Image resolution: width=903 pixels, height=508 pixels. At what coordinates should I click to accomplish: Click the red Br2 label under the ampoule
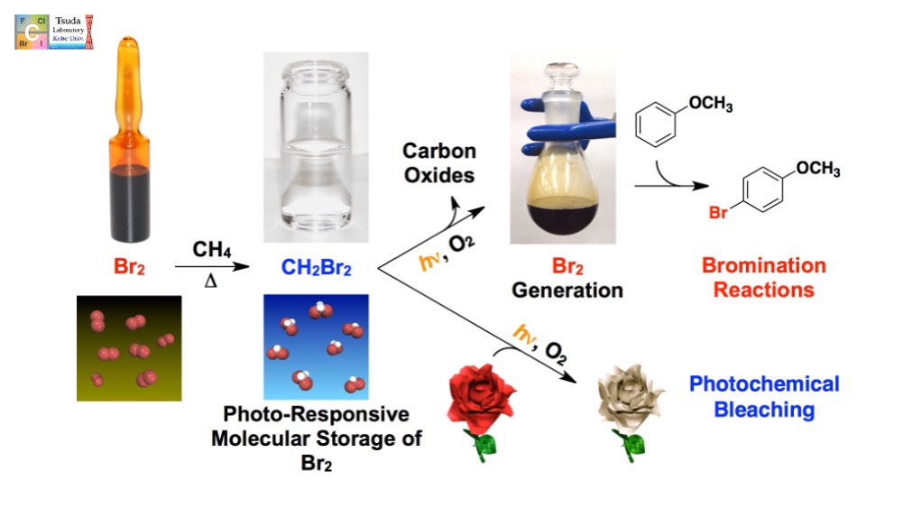pyautogui.click(x=134, y=268)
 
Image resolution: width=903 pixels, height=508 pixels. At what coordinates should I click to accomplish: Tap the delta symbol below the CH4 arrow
pyautogui.click(x=210, y=282)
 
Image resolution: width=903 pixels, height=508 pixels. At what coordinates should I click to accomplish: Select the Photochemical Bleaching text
pyautogui.click(x=764, y=397)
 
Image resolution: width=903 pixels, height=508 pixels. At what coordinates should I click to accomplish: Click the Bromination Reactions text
pyautogui.click(x=764, y=278)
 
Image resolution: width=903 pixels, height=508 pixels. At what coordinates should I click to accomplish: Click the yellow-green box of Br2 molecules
pyautogui.click(x=128, y=347)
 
